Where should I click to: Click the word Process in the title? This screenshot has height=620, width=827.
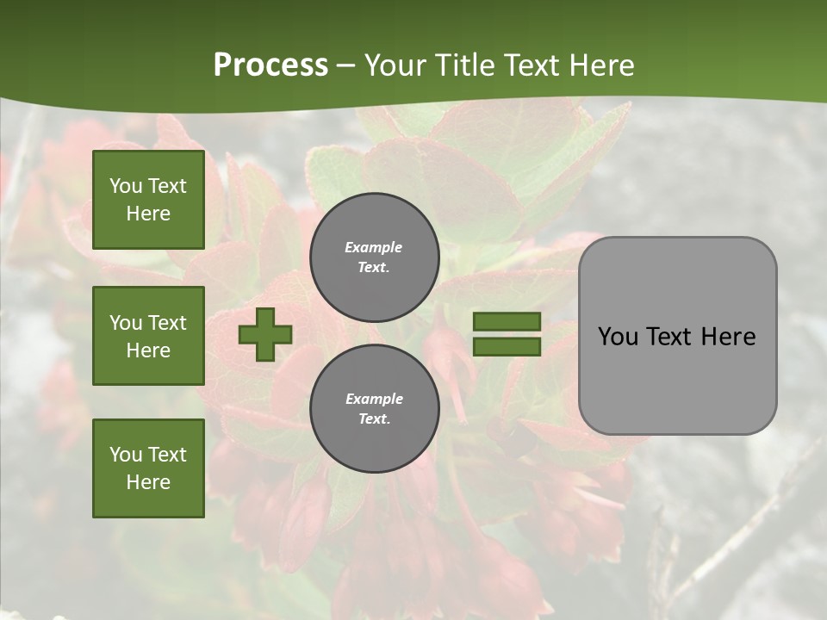(x=270, y=65)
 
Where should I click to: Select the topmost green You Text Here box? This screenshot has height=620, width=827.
(x=148, y=200)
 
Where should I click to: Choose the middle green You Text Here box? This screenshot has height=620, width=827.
(x=148, y=336)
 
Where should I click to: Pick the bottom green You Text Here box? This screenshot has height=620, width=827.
(x=148, y=468)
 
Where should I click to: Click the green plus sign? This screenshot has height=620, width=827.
(x=265, y=334)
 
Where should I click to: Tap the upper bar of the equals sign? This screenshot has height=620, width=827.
(x=507, y=322)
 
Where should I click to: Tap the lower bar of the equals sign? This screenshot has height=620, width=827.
(x=507, y=347)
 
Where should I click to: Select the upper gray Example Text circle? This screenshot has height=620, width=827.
(x=375, y=257)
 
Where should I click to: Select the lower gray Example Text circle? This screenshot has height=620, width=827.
(x=375, y=409)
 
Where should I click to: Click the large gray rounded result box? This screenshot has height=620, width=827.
(x=677, y=336)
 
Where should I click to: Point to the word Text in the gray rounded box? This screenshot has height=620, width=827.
(x=669, y=337)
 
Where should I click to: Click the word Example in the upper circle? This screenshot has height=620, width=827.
(x=374, y=247)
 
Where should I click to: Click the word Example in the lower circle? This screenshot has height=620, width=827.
(x=374, y=399)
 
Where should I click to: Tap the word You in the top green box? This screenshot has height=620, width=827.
(x=126, y=186)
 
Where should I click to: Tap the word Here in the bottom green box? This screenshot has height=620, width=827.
(x=148, y=482)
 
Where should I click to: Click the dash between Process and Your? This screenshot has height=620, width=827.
(x=345, y=66)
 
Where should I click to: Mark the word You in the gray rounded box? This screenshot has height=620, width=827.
(x=618, y=337)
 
